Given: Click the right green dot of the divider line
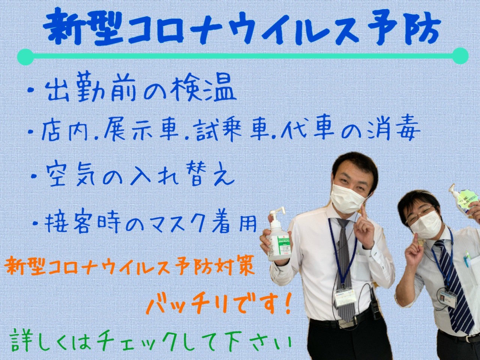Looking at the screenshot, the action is click(460, 56).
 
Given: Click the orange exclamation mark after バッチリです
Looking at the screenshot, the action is click(286, 303).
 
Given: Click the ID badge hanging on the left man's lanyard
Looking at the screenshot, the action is click(345, 298).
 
